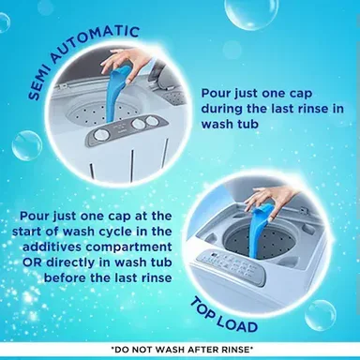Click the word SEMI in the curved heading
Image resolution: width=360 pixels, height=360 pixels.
pos(39,82)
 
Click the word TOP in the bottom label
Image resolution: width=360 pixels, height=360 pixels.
pos(203,308)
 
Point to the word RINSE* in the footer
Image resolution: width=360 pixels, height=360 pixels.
pos(235,350)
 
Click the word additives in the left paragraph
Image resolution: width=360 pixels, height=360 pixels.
pos(52,247)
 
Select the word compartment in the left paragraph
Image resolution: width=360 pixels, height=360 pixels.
pos(129,247)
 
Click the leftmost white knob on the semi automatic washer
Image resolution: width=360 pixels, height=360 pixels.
pos(101,135)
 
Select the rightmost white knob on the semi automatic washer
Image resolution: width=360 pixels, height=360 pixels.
pos(152,120)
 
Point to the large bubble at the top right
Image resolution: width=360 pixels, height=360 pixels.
pos(245,12)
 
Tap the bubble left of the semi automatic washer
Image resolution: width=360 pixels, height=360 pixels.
pos(27,145)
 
